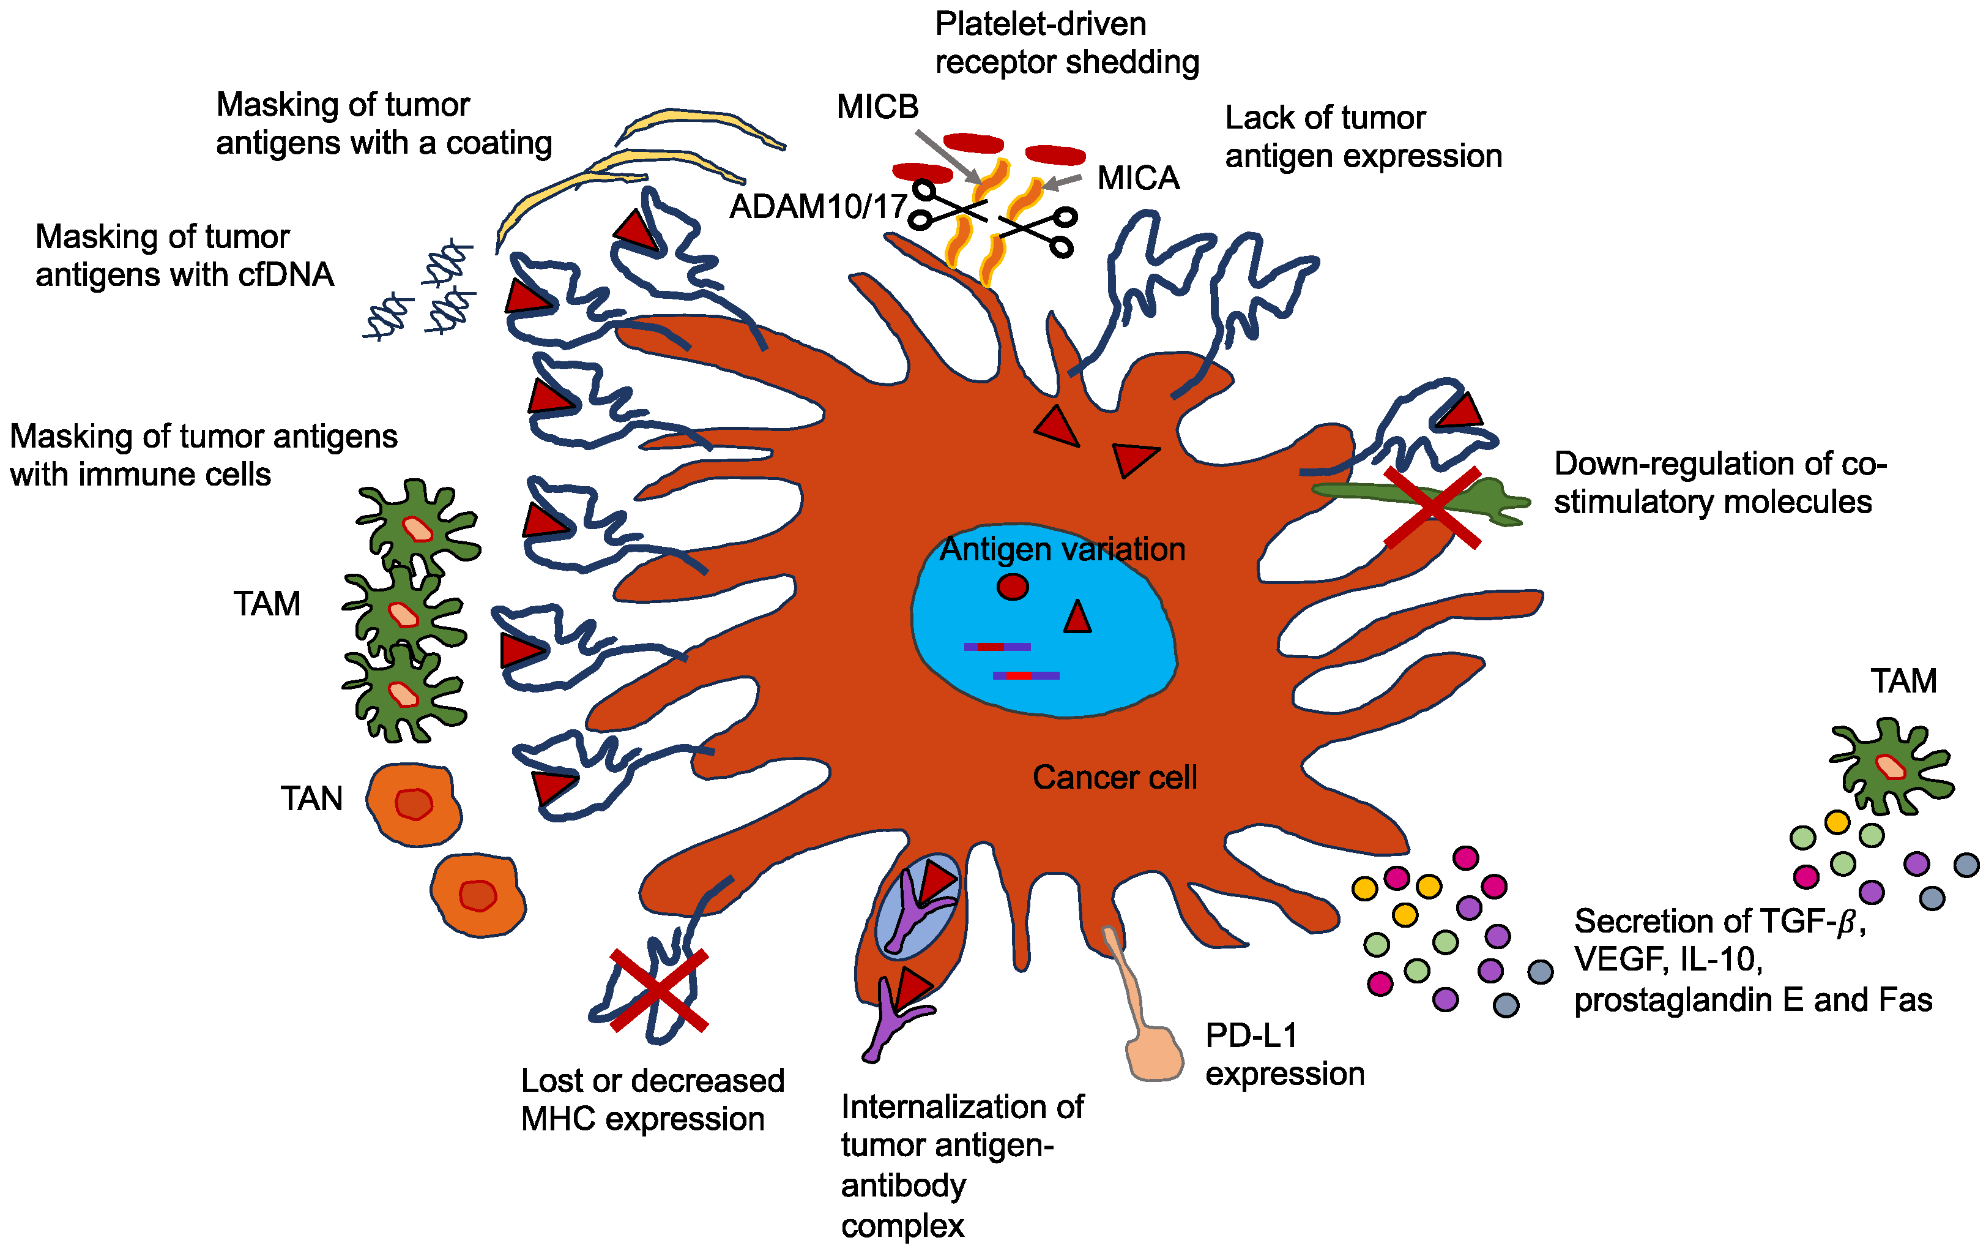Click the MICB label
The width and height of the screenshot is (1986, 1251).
877,107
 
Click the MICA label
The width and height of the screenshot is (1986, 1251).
1137,178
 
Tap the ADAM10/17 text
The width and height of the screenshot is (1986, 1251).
817,206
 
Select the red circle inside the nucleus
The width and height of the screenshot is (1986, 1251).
1012,587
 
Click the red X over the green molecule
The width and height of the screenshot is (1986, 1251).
1432,506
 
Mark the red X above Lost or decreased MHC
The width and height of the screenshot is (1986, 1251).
659,990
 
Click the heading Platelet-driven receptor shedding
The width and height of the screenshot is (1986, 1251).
1066,43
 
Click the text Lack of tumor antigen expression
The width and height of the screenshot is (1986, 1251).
1363,137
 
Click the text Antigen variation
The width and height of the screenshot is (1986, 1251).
1062,550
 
